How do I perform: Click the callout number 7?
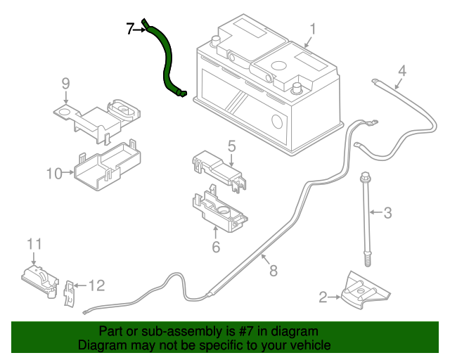tap(130, 29)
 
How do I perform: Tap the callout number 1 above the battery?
tap(312, 30)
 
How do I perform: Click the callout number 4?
tap(402, 70)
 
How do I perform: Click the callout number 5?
tap(231, 146)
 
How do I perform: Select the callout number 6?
tap(216, 247)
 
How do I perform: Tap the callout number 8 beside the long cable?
tap(274, 271)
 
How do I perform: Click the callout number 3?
tap(387, 213)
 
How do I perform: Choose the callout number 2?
tap(323, 297)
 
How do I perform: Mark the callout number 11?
tap(34, 244)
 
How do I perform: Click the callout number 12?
tap(97, 285)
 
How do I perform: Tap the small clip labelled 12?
tap(69, 294)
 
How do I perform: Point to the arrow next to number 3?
tap(376, 212)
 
